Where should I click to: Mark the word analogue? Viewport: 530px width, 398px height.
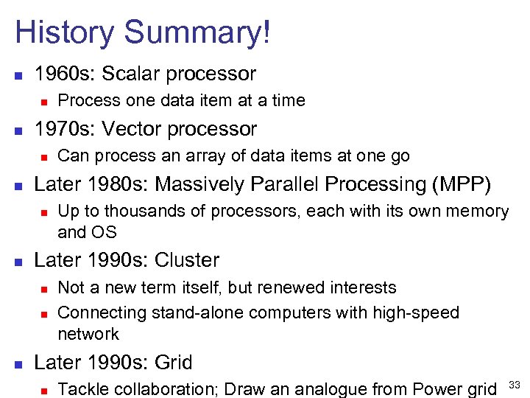[337, 389]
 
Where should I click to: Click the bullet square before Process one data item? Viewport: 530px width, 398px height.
[44, 101]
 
